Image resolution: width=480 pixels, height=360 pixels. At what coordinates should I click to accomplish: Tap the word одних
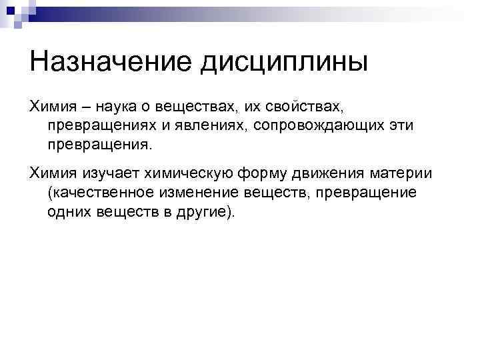(x=67, y=211)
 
